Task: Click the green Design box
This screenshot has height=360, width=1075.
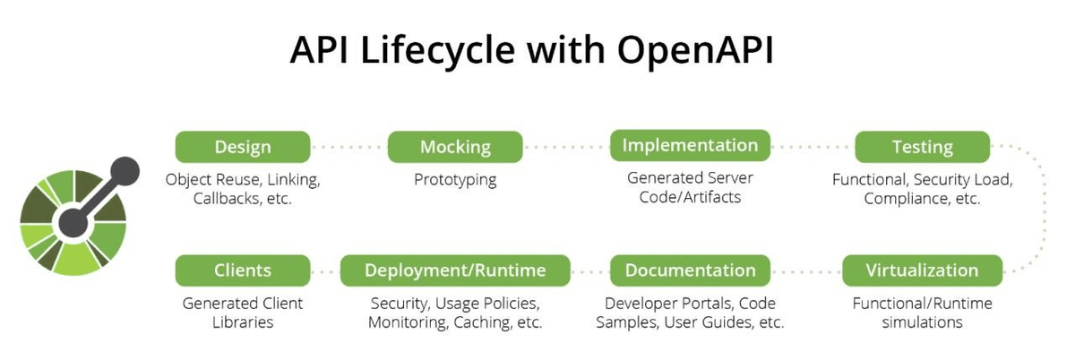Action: click(243, 147)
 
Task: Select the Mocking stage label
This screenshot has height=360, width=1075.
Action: click(455, 147)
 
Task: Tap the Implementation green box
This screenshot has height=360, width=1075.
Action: click(690, 145)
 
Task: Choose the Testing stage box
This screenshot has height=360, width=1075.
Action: click(922, 147)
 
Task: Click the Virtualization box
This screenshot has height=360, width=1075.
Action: click(922, 270)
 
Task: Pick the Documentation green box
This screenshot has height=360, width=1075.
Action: click(690, 270)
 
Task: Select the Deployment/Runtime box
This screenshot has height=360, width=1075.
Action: click(455, 270)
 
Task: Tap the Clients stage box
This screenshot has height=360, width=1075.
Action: click(243, 270)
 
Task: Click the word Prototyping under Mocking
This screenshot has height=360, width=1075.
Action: click(455, 180)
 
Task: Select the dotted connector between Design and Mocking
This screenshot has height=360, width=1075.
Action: click(349, 147)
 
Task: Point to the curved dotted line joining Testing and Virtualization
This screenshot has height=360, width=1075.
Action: click(1039, 208)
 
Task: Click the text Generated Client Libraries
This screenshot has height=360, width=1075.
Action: click(243, 312)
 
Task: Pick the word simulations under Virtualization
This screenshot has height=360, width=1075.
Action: click(922, 321)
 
